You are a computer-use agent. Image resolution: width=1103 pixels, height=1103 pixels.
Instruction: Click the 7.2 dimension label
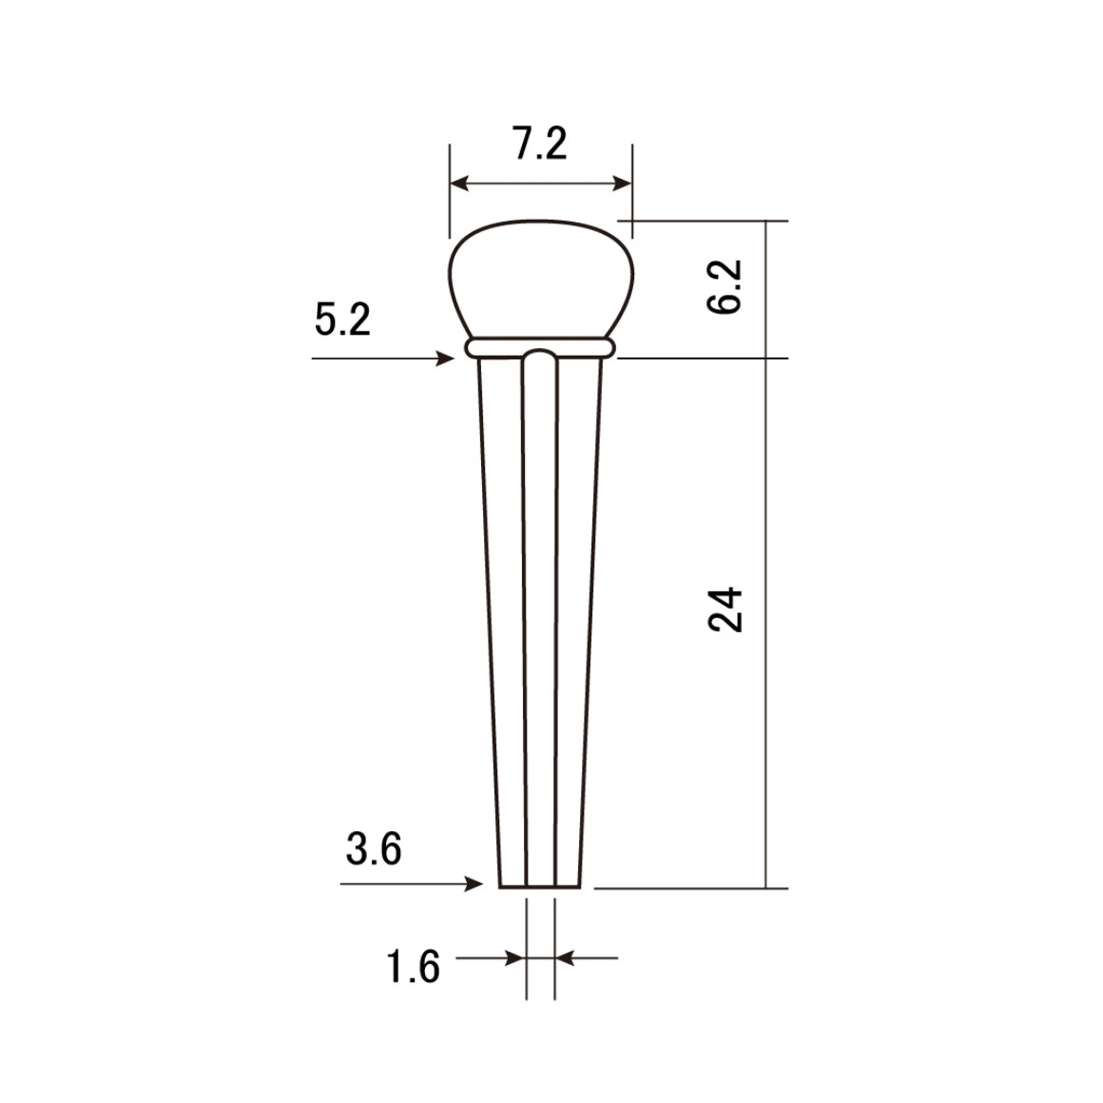coord(540,145)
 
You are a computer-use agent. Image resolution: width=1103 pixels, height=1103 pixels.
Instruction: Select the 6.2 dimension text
coord(726,287)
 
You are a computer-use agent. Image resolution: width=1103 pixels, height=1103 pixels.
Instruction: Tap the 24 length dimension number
coord(726,609)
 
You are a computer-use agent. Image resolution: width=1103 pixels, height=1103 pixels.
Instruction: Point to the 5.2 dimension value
coord(342,320)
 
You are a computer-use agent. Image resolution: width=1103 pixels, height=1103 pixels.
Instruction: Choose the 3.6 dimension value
coord(374,848)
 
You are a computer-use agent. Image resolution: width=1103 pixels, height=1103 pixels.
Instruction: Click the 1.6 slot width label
coord(413,968)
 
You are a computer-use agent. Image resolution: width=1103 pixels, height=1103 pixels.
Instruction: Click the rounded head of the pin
coord(540,276)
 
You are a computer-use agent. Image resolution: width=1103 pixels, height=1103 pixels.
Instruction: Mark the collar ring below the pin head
coord(540,345)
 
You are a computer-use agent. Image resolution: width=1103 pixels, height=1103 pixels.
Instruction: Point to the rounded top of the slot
coord(540,356)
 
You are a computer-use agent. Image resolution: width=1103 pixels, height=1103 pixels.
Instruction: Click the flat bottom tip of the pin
coord(540,885)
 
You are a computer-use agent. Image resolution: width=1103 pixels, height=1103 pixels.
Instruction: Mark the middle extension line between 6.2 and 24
coord(704,358)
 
